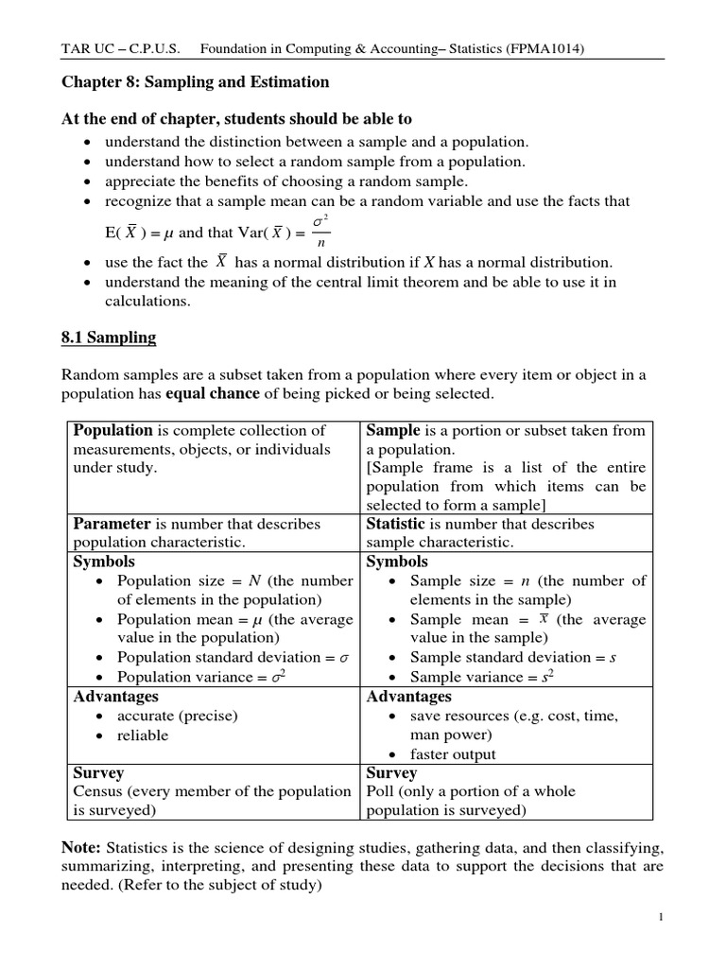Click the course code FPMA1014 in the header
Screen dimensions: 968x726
coord(544,47)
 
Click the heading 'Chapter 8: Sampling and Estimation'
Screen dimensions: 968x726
coord(196,82)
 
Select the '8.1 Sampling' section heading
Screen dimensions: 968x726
coord(109,337)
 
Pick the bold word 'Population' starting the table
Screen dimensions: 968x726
coord(112,430)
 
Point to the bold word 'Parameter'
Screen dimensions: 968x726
coord(112,524)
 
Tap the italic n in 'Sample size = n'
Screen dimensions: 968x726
coord(525,581)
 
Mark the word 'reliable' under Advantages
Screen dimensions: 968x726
coord(143,735)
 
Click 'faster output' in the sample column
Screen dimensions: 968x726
coord(453,754)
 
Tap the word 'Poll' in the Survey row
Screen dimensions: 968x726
coord(380,791)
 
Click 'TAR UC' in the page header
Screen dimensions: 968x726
coord(85,47)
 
